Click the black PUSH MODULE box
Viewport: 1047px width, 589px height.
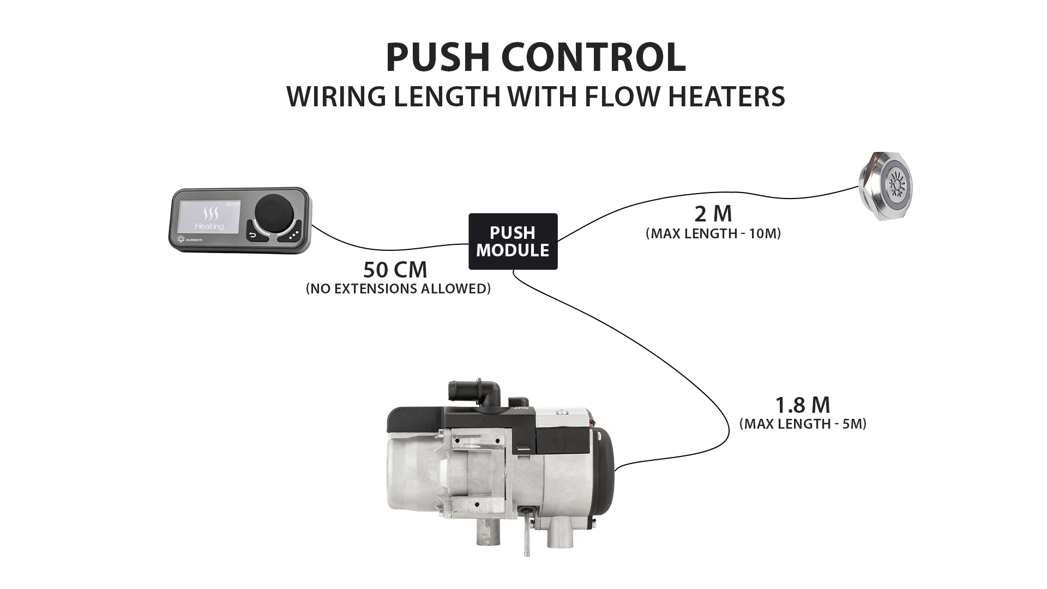click(513, 241)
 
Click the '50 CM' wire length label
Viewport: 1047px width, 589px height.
click(395, 270)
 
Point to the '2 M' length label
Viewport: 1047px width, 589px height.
click(713, 214)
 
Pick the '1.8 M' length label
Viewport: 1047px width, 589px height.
click(802, 405)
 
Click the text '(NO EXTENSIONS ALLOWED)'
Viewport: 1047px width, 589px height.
click(398, 289)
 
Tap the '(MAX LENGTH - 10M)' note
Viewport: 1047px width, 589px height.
click(713, 234)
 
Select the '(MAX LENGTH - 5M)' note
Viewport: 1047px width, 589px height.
click(803, 424)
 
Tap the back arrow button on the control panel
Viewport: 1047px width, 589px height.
click(252, 235)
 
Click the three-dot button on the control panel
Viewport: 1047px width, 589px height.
click(293, 235)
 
